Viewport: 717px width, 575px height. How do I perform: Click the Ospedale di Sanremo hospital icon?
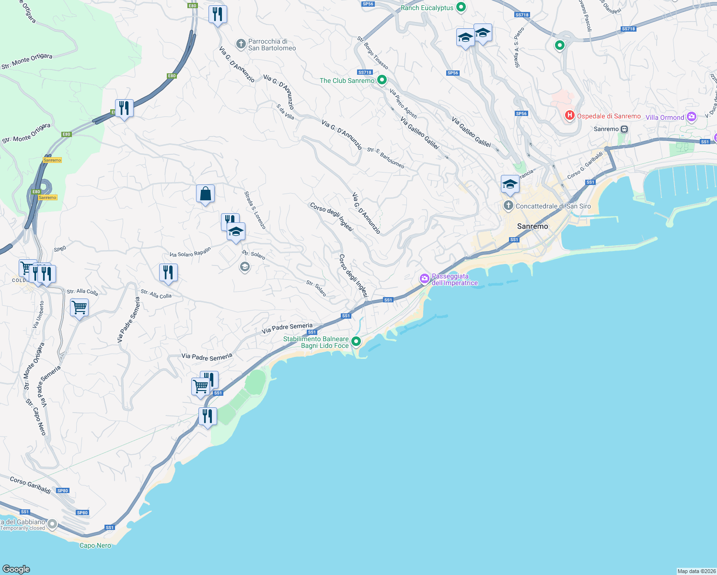(x=569, y=115)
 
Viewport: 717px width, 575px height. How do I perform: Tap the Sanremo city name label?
(x=532, y=226)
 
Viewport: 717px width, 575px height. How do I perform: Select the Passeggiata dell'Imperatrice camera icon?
(x=424, y=278)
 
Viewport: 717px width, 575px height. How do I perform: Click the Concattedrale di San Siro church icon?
(x=508, y=206)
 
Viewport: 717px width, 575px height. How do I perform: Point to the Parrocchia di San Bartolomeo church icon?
(x=241, y=45)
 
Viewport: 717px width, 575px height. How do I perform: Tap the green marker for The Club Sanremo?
(x=382, y=80)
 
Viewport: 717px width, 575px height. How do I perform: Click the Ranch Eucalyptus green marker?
(x=461, y=7)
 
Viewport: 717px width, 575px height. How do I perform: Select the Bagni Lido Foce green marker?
(x=356, y=341)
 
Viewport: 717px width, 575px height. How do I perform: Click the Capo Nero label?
(x=95, y=545)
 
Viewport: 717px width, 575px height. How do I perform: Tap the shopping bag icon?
(x=205, y=194)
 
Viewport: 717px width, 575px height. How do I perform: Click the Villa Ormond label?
(x=665, y=117)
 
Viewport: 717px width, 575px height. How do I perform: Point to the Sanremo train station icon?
(x=624, y=129)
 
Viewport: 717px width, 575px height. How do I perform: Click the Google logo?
(x=16, y=569)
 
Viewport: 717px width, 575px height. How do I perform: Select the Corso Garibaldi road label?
(x=30, y=485)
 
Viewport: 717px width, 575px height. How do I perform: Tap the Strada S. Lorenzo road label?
(x=255, y=210)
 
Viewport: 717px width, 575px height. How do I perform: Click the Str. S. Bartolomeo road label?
(x=386, y=158)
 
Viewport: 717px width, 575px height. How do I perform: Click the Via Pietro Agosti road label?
(x=404, y=104)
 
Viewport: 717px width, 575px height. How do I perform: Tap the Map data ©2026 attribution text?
(x=696, y=571)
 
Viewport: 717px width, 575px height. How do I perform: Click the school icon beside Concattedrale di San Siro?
(x=510, y=184)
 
